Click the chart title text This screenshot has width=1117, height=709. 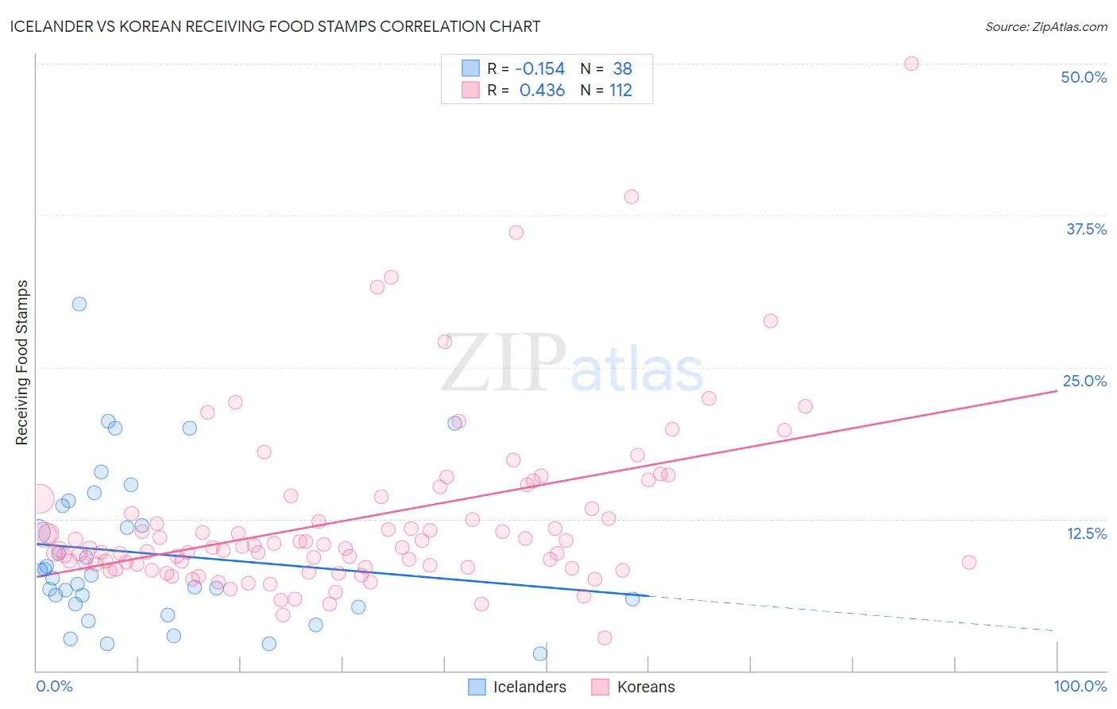click(x=276, y=26)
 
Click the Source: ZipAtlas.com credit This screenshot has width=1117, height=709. click(x=1045, y=27)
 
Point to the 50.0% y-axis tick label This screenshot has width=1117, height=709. click(x=1084, y=77)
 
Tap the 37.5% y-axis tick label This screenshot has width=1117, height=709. click(x=1085, y=229)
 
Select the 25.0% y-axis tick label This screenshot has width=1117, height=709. click(x=1084, y=381)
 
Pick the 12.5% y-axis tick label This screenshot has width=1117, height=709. click(x=1086, y=533)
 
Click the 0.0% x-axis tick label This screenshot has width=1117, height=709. click(x=54, y=686)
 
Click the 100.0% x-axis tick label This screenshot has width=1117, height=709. click(x=1080, y=686)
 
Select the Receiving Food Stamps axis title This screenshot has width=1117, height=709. click(x=22, y=362)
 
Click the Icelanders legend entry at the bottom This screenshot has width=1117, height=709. click(x=517, y=687)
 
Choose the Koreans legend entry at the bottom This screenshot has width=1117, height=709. click(x=633, y=687)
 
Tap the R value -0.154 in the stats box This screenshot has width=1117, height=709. click(x=539, y=69)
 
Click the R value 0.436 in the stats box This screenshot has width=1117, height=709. click(x=542, y=91)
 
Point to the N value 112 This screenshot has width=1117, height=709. click(x=620, y=91)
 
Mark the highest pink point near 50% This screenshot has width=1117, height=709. click(x=911, y=64)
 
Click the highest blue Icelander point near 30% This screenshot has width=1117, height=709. click(x=79, y=304)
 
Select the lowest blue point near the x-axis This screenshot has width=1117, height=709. click(x=540, y=653)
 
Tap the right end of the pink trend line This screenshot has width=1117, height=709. click(x=1056, y=392)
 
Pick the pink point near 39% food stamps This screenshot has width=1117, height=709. click(x=632, y=196)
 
